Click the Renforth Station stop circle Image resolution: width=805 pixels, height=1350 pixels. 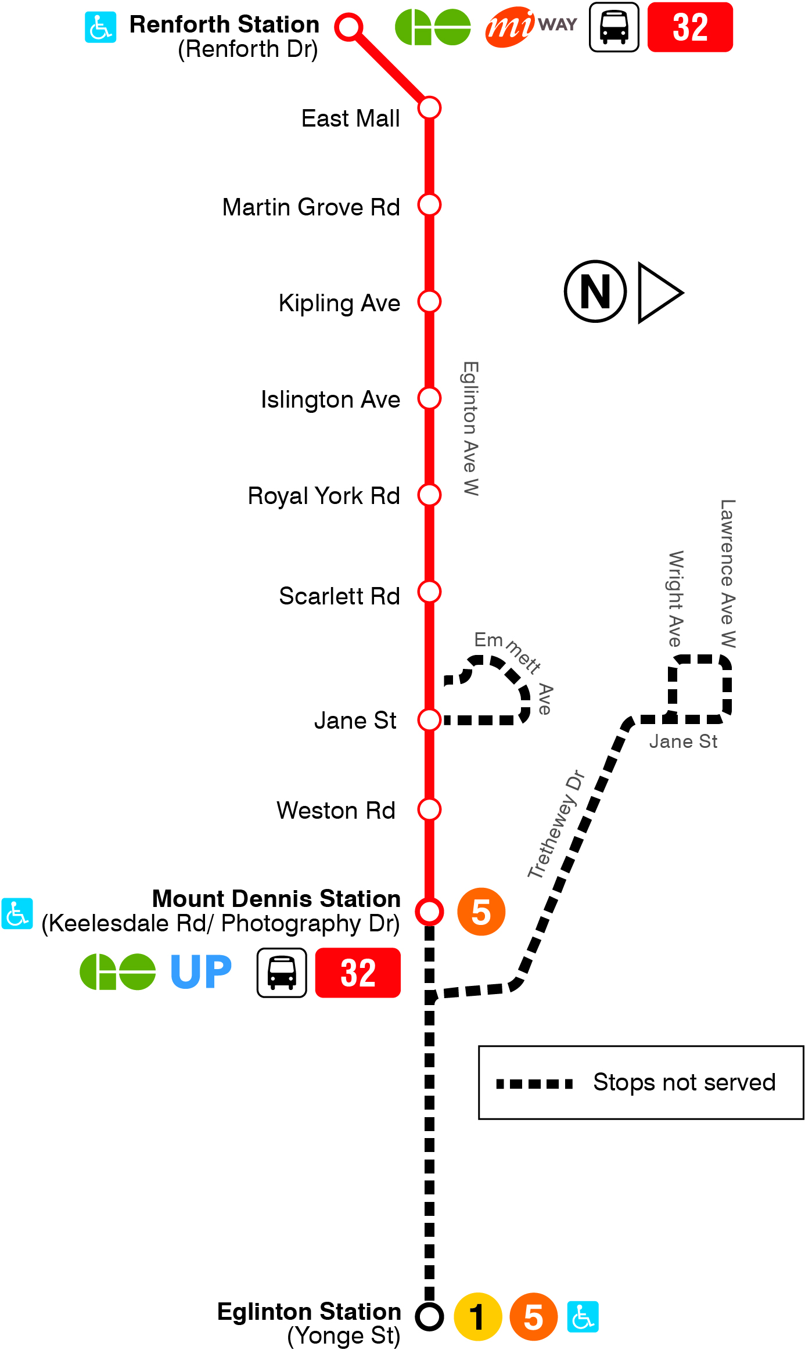(349, 27)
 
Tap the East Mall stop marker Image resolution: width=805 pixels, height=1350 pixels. (430, 108)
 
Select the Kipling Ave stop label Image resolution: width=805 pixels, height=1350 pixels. (339, 303)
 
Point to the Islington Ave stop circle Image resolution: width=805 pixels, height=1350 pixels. (430, 398)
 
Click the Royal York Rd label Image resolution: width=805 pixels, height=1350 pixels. (324, 496)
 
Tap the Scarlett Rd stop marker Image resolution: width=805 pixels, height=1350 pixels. (430, 592)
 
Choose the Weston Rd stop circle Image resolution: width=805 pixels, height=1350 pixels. (430, 809)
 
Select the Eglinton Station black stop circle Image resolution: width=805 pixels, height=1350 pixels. (430, 1316)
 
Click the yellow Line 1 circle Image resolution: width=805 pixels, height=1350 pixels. (477, 1316)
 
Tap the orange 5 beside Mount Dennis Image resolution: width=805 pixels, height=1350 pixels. (481, 912)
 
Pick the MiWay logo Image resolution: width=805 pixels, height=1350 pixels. (530, 27)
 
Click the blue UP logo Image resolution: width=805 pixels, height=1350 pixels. (201, 971)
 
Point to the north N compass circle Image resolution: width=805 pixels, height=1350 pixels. (595, 291)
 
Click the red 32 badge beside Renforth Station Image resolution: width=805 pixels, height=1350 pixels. (690, 27)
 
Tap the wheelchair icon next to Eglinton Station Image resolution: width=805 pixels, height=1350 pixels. (583, 1316)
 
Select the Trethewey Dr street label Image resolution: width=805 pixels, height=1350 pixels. (556, 824)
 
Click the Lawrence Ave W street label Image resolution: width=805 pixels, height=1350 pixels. (728, 574)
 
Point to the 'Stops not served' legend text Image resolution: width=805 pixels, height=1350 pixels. (684, 1082)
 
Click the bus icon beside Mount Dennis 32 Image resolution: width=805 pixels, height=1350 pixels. (282, 973)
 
